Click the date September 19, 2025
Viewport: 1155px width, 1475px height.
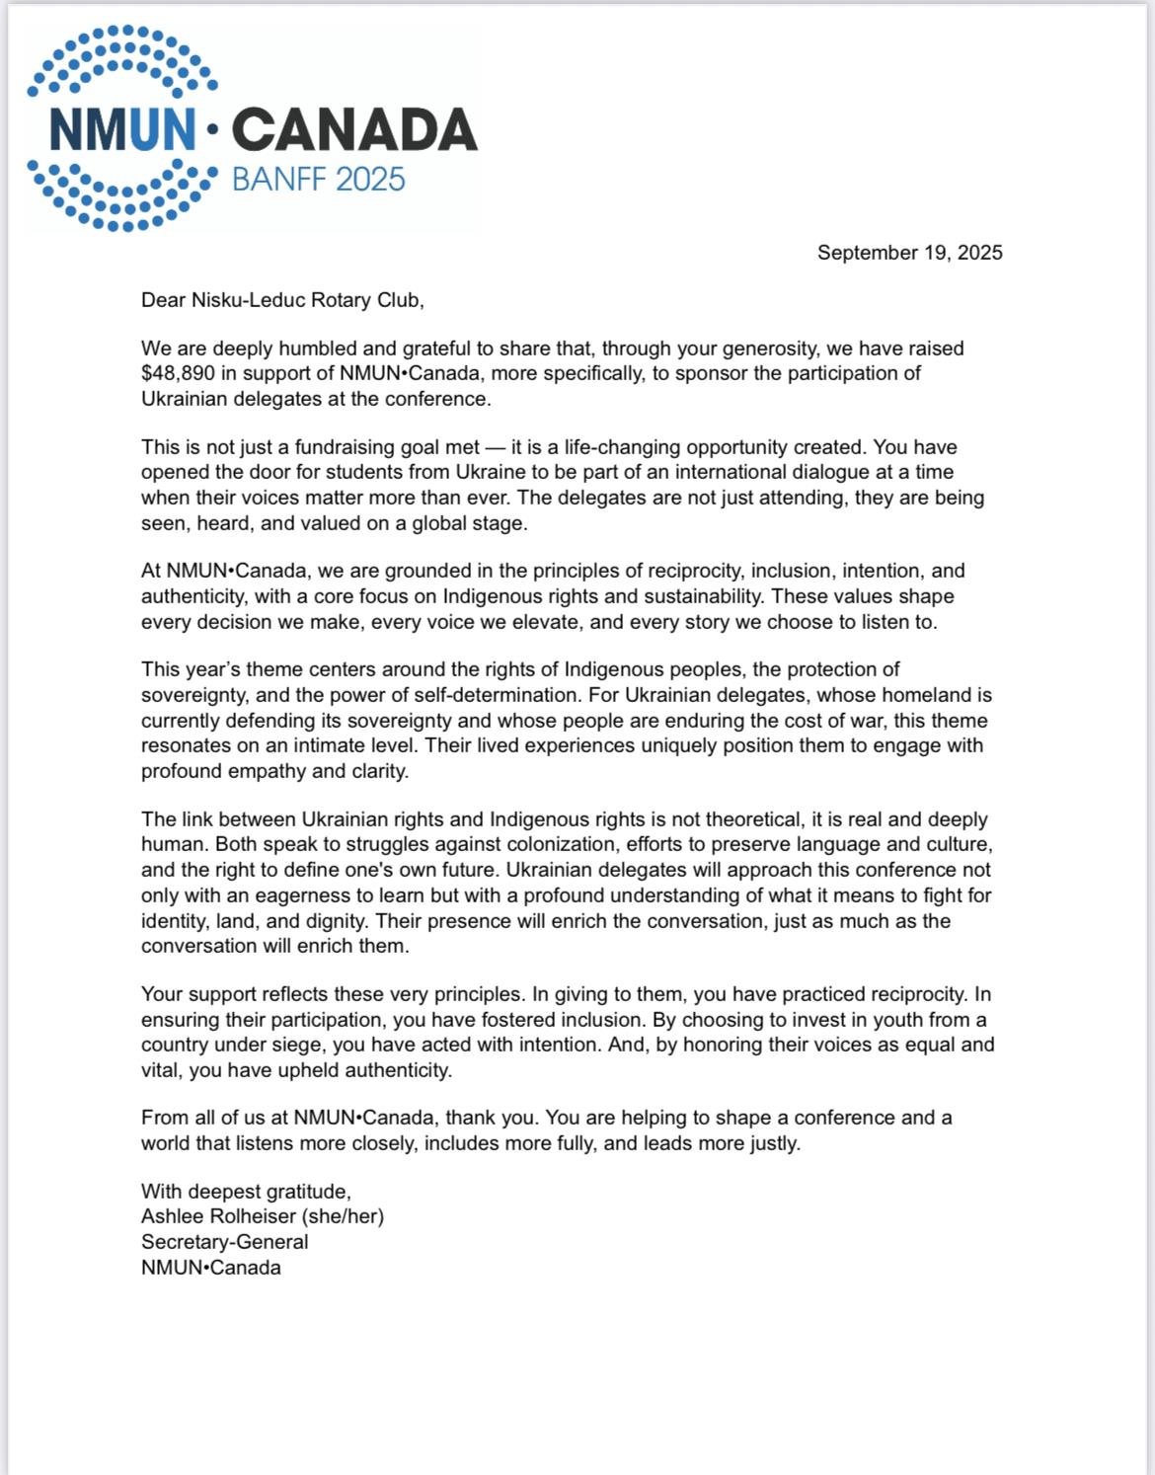pos(909,253)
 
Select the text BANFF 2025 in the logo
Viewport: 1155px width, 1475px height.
pos(318,180)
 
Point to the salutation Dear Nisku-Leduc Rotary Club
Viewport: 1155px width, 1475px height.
pos(281,300)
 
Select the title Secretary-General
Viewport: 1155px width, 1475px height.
pos(224,1242)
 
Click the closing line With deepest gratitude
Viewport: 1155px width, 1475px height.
pos(245,1191)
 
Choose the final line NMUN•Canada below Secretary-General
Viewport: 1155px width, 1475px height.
pos(210,1268)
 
